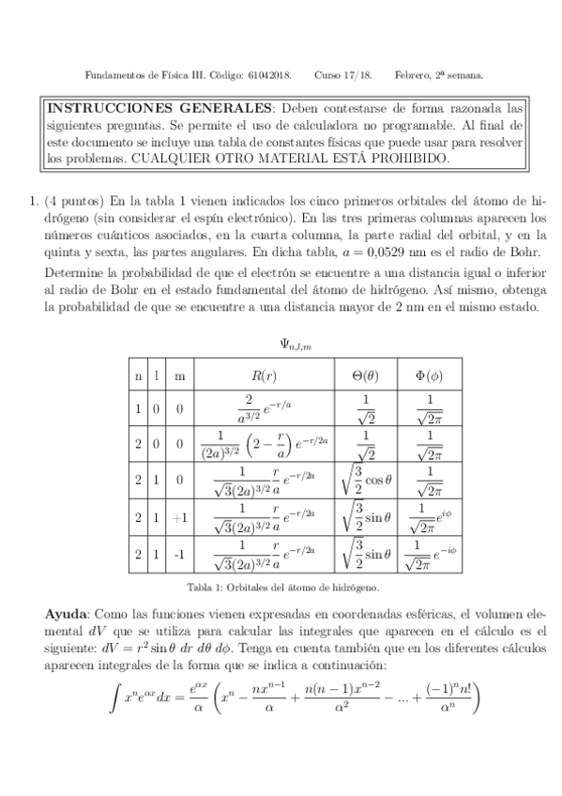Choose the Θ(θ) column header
pos(364,375)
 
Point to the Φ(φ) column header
pos(428,375)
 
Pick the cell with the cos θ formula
pos(364,481)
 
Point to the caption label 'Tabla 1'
pos(203,588)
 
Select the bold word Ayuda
pos(69,612)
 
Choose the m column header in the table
pos(180,375)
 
